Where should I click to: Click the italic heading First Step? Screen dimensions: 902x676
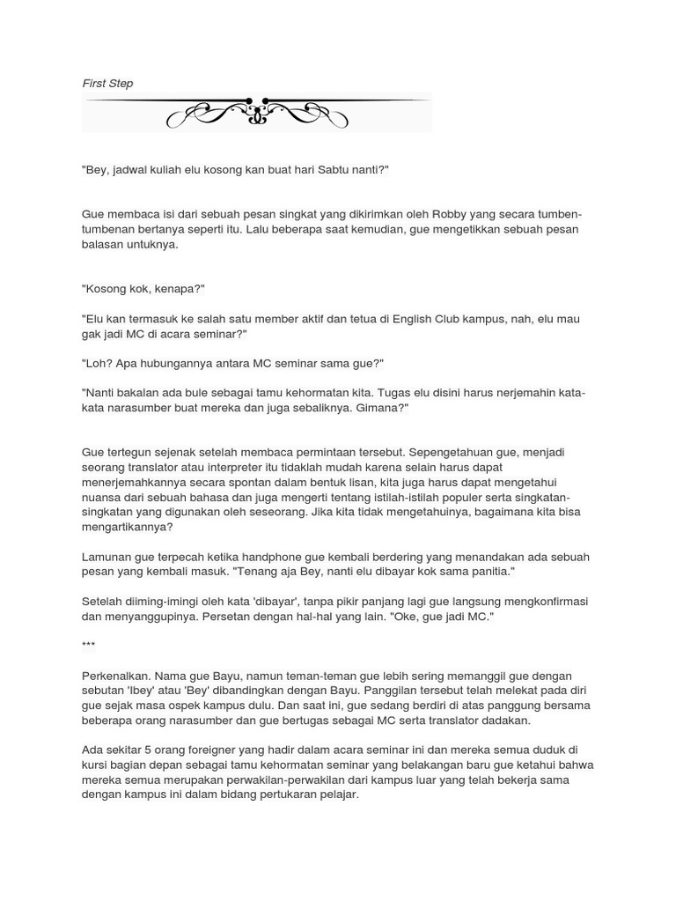coord(107,84)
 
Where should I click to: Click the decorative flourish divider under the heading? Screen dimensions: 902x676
coord(256,112)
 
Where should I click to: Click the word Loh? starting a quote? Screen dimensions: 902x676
coord(98,364)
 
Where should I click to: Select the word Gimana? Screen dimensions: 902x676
coord(384,408)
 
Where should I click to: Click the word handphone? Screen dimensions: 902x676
coord(276,558)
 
